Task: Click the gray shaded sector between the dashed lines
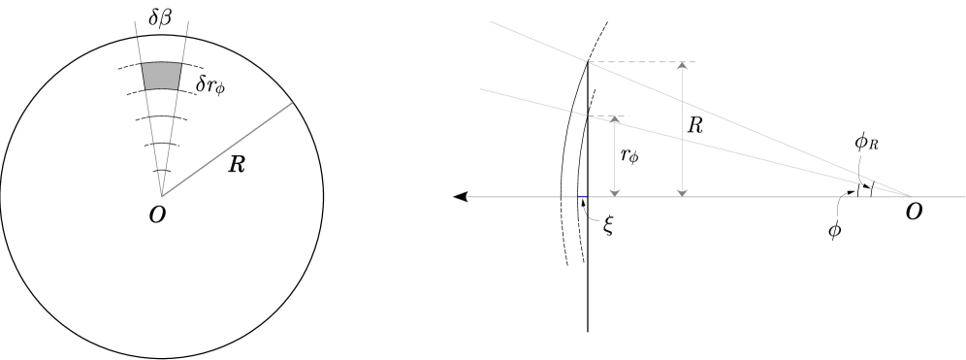tap(161, 76)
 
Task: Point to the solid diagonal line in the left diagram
tap(227, 149)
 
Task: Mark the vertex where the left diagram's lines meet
tap(161, 196)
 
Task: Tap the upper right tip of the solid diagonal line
tap(292, 103)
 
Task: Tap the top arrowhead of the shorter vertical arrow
tap(614, 119)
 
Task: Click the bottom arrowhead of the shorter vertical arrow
tap(614, 192)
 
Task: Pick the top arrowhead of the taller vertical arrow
tap(682, 65)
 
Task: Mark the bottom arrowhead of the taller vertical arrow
tap(682, 192)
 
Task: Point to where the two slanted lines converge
tap(910, 195)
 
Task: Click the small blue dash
tap(582, 196)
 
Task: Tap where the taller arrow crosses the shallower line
tap(682, 139)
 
